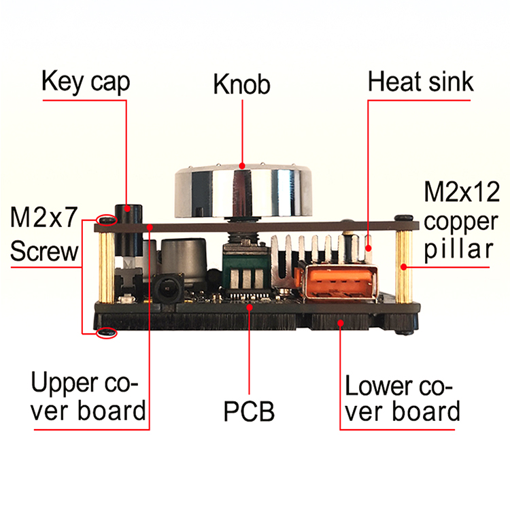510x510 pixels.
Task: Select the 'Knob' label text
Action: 241,85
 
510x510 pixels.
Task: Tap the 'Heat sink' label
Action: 420,82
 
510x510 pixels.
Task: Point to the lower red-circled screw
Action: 106,333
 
